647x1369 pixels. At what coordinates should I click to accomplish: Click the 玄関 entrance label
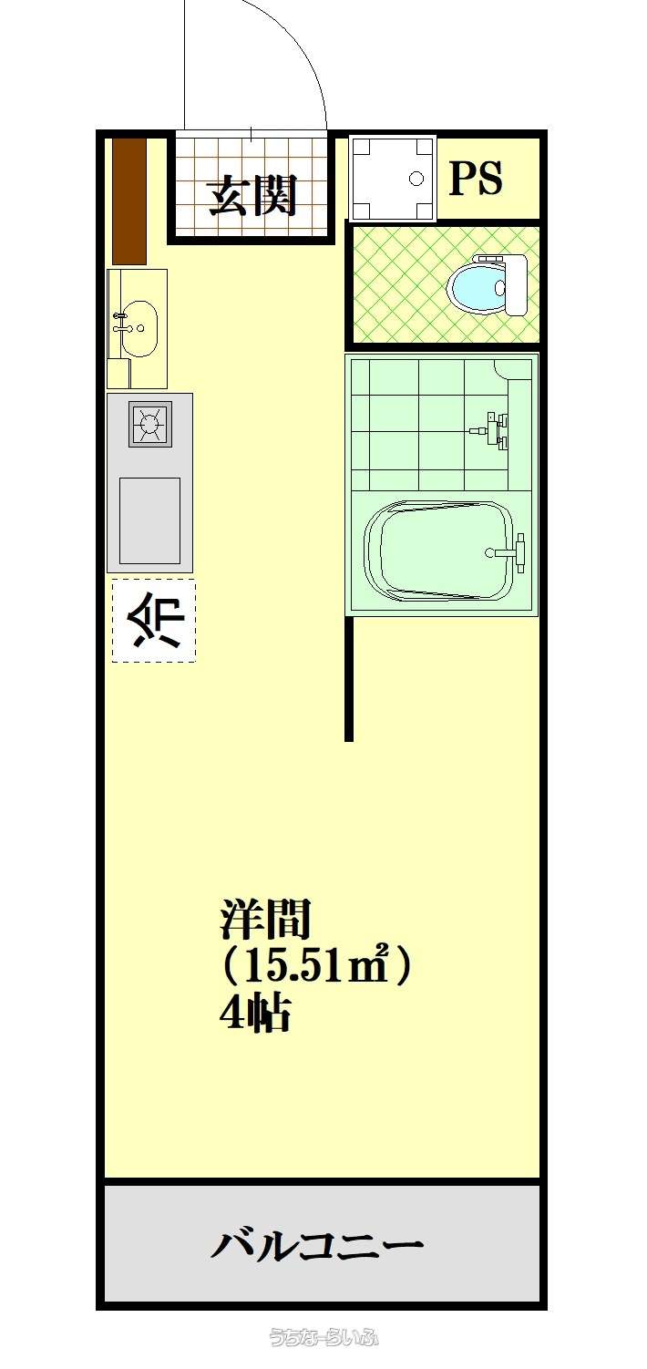click(252, 196)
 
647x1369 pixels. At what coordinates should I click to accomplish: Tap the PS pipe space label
click(476, 178)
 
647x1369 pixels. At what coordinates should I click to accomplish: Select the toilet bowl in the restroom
click(478, 285)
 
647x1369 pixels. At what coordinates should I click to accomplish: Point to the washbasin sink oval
click(139, 328)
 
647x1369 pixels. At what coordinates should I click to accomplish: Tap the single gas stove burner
click(149, 423)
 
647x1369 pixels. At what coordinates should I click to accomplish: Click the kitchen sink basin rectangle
click(149, 520)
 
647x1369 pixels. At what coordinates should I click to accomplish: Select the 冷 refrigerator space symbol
click(155, 621)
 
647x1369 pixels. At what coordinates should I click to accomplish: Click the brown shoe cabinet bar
click(129, 201)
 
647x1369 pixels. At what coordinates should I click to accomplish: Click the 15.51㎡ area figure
click(309, 966)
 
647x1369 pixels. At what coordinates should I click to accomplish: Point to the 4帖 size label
click(254, 1014)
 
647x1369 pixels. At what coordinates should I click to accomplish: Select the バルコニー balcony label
click(316, 1241)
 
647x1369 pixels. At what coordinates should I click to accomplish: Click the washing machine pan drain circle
click(416, 179)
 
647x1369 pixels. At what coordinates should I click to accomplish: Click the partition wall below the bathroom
click(349, 680)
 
